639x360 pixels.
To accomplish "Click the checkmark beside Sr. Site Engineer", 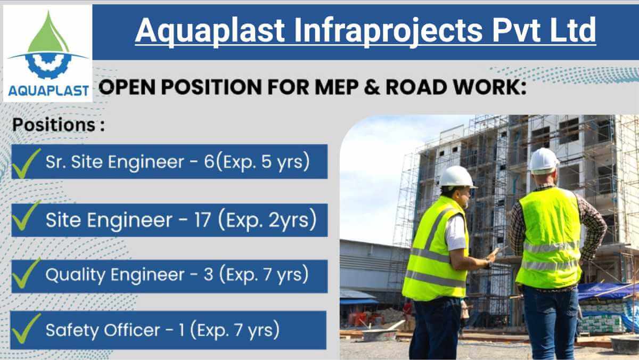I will click(26, 162).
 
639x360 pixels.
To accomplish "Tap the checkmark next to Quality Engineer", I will click(26, 274).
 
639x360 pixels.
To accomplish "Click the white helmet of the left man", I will click(457, 177).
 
